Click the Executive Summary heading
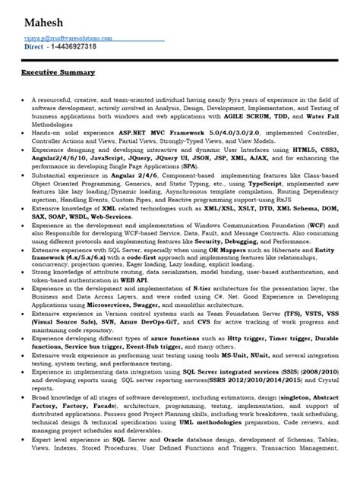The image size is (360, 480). coord(58,72)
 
